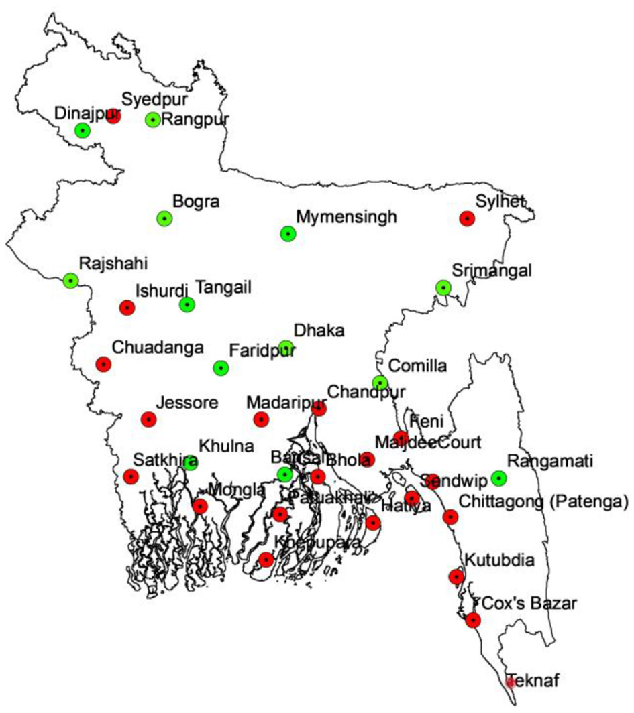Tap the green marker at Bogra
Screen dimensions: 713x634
[x=164, y=218]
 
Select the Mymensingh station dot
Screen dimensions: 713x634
[x=288, y=234]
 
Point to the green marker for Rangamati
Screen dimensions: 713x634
[x=498, y=478]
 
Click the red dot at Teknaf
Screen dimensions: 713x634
[x=511, y=683]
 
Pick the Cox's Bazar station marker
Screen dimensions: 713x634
[x=474, y=621]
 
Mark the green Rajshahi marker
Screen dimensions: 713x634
[x=70, y=281]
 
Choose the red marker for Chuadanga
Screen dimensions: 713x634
[x=103, y=364]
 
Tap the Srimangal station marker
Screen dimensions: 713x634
[x=443, y=287]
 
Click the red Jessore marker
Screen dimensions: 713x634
[x=149, y=419]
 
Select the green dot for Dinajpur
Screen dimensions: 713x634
[x=83, y=130]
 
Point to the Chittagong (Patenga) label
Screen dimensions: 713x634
[x=542, y=502]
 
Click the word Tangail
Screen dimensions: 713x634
[x=223, y=287]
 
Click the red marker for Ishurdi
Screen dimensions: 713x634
[x=127, y=308]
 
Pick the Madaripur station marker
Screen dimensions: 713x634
[x=261, y=419]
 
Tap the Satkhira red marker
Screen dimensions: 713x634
[x=131, y=477]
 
